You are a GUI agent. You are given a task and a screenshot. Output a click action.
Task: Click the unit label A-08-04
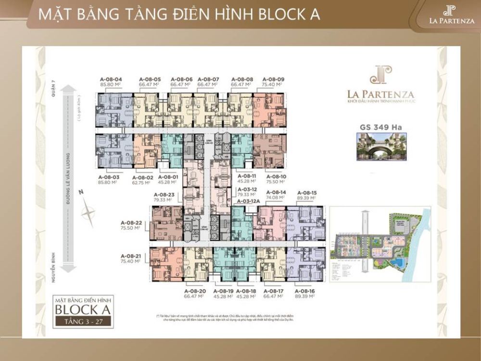(x=111, y=79)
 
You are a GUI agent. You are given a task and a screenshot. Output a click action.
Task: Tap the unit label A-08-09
(x=273, y=79)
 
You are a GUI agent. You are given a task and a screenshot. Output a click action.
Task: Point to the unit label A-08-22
(x=131, y=222)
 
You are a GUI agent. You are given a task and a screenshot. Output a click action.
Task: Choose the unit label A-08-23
(x=164, y=194)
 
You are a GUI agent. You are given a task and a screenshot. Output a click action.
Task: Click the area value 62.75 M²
(x=142, y=183)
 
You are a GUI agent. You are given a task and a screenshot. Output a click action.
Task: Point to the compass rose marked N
(x=88, y=211)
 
